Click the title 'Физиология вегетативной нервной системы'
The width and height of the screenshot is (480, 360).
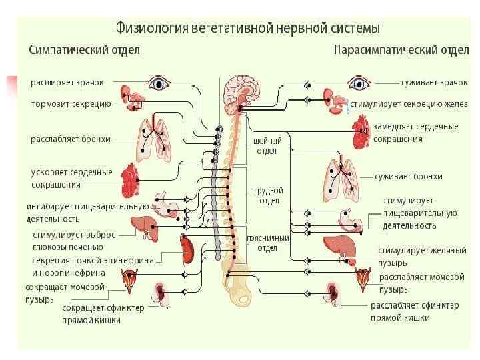click(248, 29)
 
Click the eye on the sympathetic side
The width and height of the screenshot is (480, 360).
click(159, 83)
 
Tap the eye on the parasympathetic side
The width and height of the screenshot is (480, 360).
click(361, 83)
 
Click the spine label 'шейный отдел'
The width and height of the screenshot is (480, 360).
click(268, 146)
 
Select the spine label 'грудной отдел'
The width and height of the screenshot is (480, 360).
click(269, 195)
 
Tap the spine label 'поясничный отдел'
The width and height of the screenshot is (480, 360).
click(267, 243)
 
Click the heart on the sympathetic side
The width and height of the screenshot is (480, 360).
click(131, 179)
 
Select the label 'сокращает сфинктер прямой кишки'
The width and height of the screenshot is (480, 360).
click(91, 314)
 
